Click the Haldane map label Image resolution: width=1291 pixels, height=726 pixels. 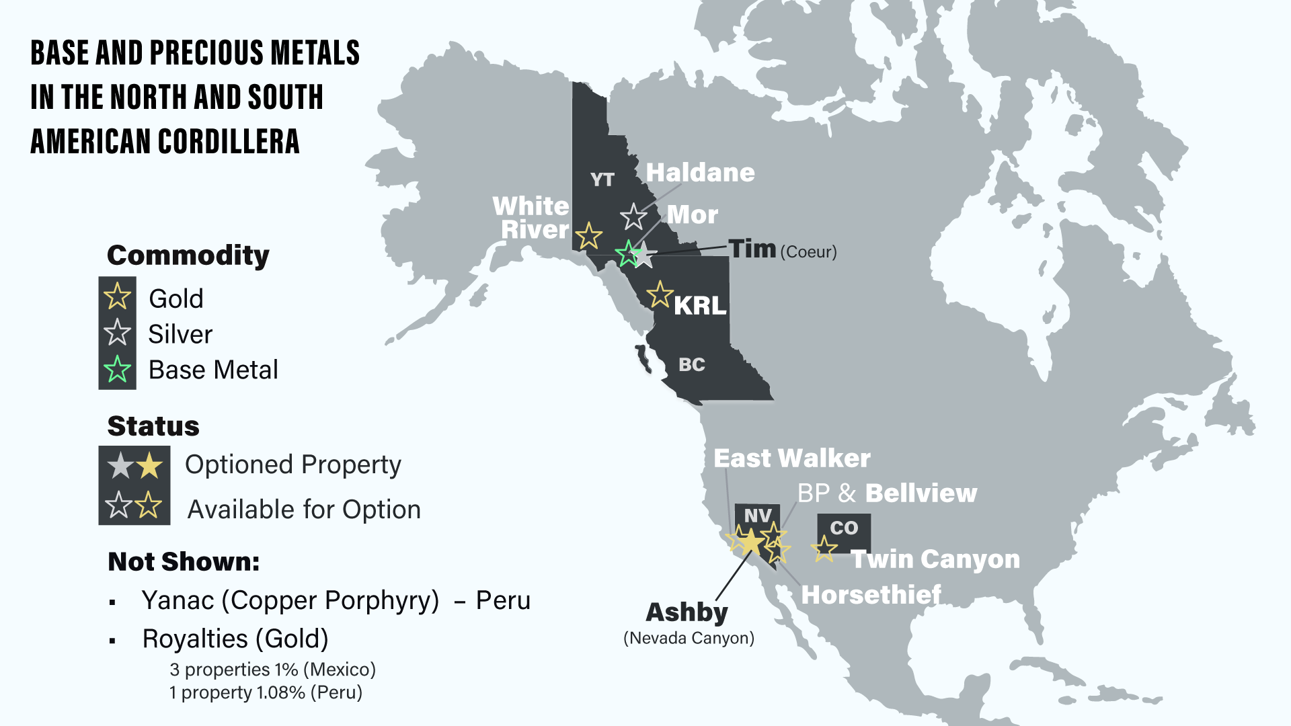[700, 173]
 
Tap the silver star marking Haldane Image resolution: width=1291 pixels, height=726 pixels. [633, 216]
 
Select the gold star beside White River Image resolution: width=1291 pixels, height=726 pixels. [589, 236]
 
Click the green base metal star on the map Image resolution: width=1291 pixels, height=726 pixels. [628, 253]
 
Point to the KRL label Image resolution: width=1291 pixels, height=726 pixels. [700, 306]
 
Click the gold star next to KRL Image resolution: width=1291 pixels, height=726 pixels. [660, 294]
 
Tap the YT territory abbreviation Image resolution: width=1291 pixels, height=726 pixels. [602, 179]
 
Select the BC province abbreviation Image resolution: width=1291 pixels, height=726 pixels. [691, 364]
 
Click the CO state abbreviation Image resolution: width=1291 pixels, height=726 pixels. [844, 528]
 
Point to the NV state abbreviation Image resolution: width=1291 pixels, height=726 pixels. [757, 516]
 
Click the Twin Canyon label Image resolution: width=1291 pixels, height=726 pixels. [936, 559]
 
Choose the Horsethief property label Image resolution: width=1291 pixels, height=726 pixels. [871, 595]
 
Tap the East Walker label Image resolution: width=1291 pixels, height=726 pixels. [791, 458]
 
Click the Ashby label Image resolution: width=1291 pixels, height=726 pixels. [687, 612]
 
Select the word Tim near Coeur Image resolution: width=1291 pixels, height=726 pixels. [752, 249]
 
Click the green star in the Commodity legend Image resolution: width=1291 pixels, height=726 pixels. [118, 369]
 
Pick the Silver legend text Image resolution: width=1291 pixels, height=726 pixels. [180, 334]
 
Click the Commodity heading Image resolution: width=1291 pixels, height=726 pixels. [188, 255]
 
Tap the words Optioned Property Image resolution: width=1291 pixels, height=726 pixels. [292, 465]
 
